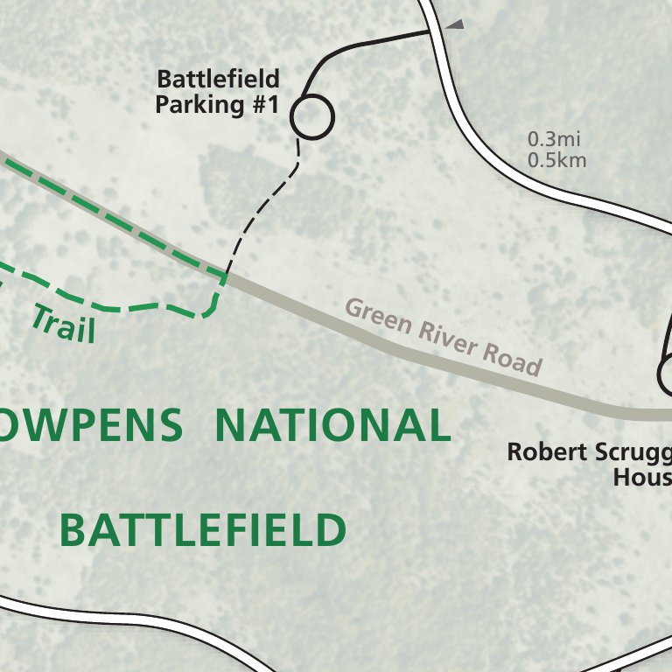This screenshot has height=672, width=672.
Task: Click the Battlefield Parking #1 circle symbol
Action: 312,116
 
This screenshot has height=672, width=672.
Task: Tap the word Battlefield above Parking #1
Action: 218,80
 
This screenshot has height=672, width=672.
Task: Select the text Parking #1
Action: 216,106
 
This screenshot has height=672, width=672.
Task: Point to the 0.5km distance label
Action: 557,160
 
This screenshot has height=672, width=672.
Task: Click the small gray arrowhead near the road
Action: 454,26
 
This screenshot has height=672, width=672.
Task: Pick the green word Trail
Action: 63,323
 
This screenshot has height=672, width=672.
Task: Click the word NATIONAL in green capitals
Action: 332,426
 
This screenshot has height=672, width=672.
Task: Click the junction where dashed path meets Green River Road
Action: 227,276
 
